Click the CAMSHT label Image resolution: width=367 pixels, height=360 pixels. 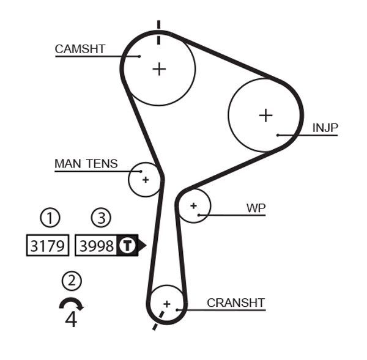pos(80,49)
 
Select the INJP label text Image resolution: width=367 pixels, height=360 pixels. pos(325,128)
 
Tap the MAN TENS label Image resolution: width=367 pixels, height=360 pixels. pos(86,164)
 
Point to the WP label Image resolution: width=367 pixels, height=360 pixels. pos(256,208)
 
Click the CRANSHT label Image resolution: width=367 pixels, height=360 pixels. pos(235,303)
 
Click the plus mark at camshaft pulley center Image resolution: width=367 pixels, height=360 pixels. pos(159,68)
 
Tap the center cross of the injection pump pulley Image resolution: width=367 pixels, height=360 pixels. pos(265,115)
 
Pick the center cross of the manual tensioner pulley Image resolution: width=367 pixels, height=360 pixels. pos(146,180)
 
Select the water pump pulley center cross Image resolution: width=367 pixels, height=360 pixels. pos(193,206)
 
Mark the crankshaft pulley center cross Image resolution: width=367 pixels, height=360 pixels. pos(166,303)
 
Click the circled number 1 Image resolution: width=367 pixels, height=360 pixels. pos(50,218)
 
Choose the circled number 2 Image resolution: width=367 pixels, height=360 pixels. pos(72,281)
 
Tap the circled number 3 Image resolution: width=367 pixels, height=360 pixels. pos(102,218)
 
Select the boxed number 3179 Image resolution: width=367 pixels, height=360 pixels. pos(48,246)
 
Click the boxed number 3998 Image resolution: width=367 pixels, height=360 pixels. pos(97,246)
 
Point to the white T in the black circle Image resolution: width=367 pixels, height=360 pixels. pos(126,246)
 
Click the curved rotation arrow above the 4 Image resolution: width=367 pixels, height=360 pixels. pos(71,303)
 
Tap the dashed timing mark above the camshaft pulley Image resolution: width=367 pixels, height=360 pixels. pos(158,32)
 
